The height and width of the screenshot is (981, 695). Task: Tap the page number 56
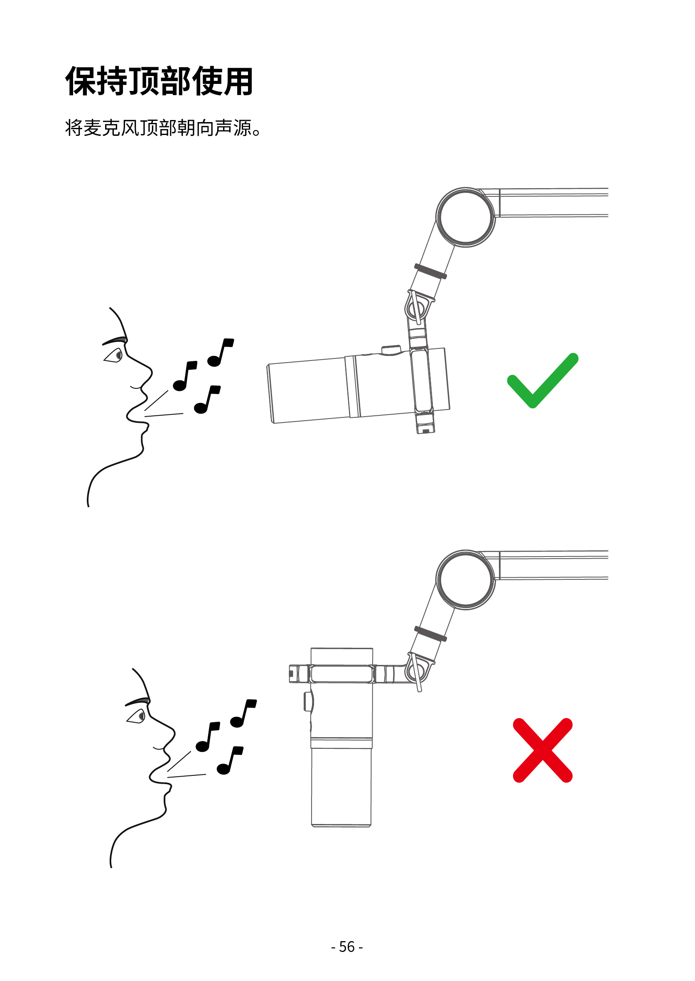pos(346,947)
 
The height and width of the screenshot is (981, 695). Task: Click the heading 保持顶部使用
pos(159,81)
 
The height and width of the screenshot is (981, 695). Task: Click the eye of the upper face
pos(115,355)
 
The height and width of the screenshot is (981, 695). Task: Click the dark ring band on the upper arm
pos(430,271)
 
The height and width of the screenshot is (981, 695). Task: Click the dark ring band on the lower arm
pos(430,634)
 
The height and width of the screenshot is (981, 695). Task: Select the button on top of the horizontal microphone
pos(391,350)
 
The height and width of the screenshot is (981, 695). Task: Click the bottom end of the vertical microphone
pos(341,825)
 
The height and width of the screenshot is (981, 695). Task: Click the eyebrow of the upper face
pos(115,341)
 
